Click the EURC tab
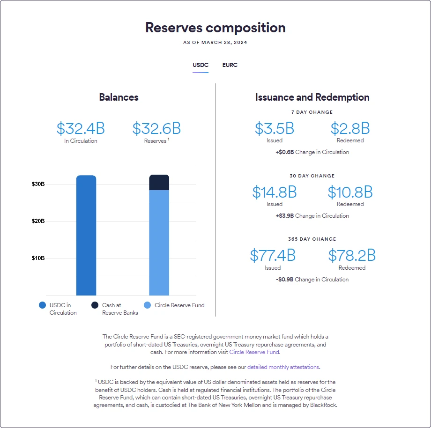[230, 65]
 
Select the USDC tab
[201, 65]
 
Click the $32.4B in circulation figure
[81, 128]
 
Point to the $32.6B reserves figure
[156, 128]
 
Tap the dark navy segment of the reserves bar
[159, 183]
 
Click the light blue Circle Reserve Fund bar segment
[159, 243]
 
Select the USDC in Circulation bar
[86, 236]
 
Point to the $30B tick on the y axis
[38, 184]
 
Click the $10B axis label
[38, 258]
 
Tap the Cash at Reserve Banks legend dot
[95, 305]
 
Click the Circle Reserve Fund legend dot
[147, 305]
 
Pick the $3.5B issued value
[275, 128]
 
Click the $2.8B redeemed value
[350, 128]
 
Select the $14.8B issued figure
[275, 192]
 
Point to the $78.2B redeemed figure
[352, 256]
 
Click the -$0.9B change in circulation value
[285, 280]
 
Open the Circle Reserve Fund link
[254, 352]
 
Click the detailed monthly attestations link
[283, 367]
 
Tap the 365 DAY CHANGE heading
[312, 239]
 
